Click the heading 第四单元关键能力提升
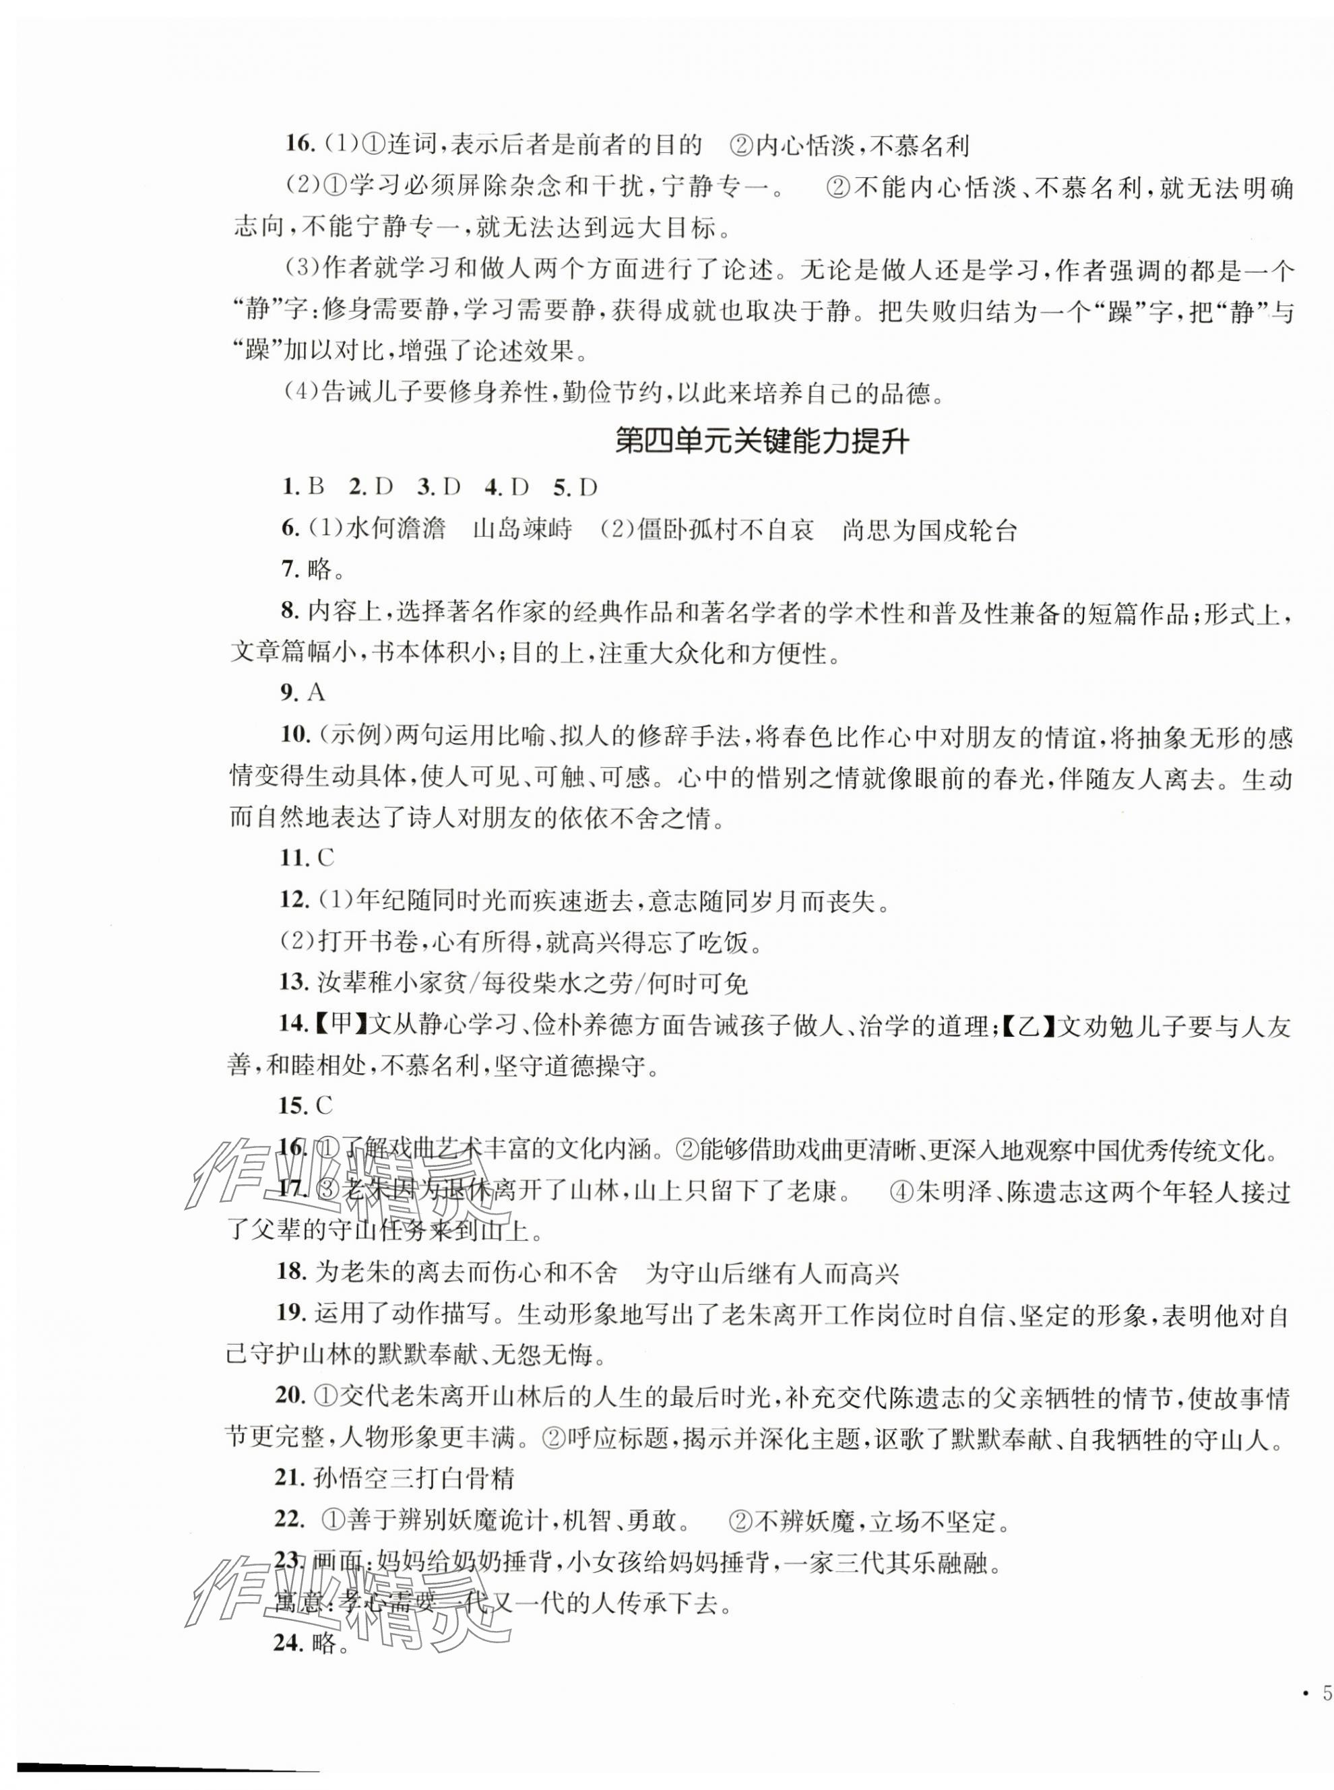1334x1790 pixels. (x=761, y=442)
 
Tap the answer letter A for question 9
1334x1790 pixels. (x=316, y=692)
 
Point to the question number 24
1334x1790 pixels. (x=288, y=1643)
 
